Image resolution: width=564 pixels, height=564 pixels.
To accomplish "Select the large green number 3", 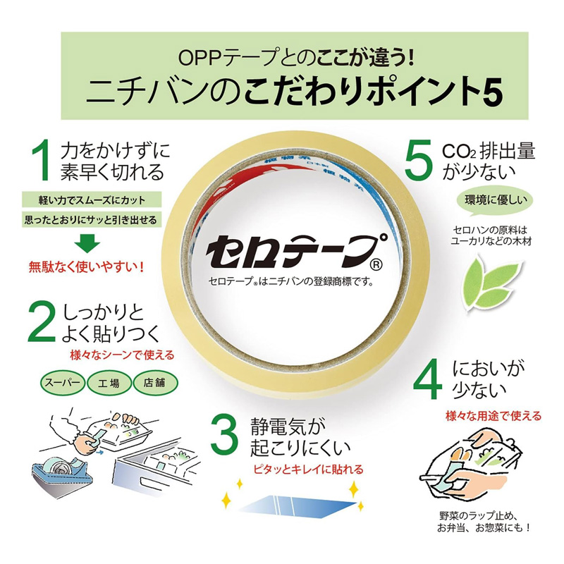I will click(226, 435).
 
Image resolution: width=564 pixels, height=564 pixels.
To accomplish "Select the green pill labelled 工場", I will click(109, 384).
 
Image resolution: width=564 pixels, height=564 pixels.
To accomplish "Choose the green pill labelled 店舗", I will click(154, 384).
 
